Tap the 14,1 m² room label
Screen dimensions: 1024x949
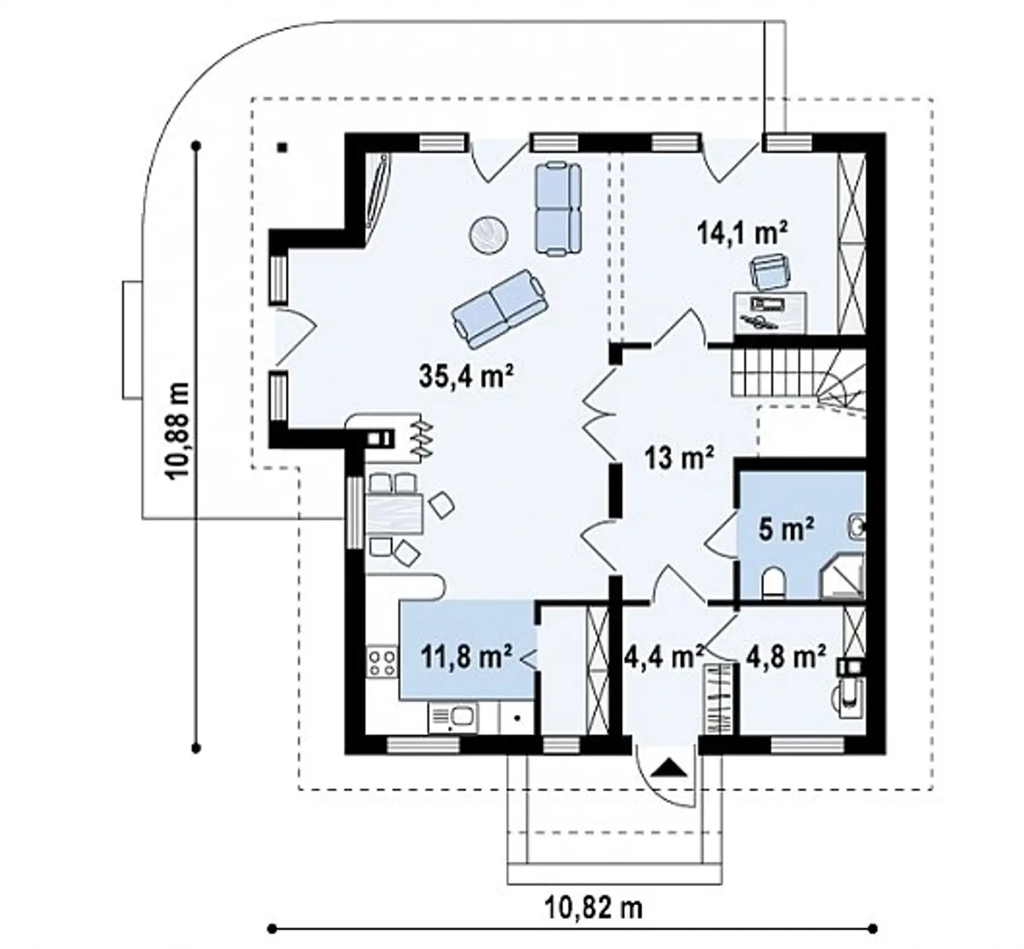click(x=742, y=233)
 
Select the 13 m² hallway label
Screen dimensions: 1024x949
click(x=679, y=458)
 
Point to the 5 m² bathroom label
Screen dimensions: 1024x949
click(x=786, y=530)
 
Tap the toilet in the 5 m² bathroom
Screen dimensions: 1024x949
click(x=773, y=583)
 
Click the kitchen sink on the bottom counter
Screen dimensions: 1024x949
click(x=453, y=718)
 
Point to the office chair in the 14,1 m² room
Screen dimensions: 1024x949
click(x=770, y=274)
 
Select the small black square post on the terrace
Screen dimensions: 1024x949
click(x=282, y=147)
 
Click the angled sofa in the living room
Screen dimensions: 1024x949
click(x=498, y=308)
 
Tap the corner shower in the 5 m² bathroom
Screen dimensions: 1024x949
click(x=842, y=576)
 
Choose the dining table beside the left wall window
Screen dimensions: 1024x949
click(x=395, y=512)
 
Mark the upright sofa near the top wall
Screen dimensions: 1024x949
click(x=558, y=208)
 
